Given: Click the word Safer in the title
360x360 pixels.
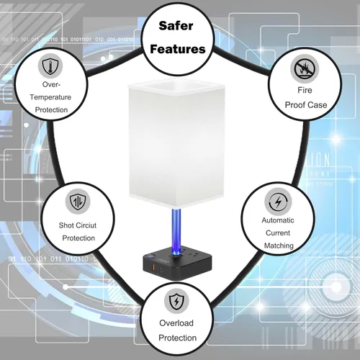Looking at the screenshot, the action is tap(176, 26).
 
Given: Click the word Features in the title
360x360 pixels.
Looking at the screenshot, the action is tap(178, 49).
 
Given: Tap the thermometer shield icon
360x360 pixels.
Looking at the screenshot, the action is tap(50, 66).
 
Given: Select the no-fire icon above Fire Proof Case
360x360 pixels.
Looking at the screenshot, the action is tap(305, 69).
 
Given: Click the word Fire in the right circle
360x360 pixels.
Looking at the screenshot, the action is tap(305, 90).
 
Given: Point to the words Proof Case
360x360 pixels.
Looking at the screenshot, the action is tap(306, 105).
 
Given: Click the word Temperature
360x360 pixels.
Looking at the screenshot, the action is tap(50, 97).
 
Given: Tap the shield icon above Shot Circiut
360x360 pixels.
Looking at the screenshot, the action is tap(78, 202).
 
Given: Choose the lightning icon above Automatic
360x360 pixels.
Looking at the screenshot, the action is tap(278, 202).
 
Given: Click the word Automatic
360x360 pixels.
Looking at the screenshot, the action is tap(278, 220).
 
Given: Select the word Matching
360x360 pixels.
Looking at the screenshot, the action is tap(279, 246).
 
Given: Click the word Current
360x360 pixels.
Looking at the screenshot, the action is tap(278, 233).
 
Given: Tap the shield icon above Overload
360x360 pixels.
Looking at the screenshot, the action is tap(176, 301).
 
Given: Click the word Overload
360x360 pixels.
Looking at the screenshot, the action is tap(176, 323).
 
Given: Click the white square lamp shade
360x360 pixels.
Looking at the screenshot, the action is tap(177, 143).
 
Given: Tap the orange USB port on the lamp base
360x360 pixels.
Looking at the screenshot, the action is tap(152, 267).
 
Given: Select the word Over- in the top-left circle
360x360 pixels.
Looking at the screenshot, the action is tap(51, 84).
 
